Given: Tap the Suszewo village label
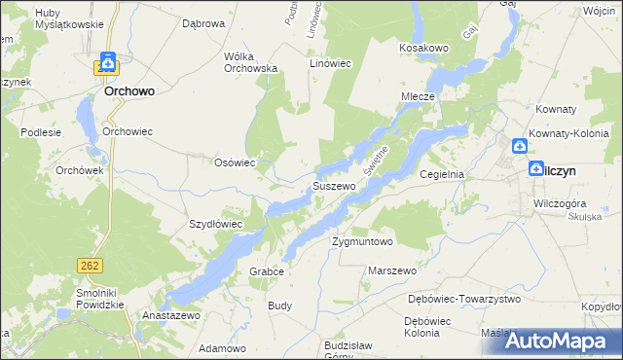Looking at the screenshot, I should [x=333, y=185].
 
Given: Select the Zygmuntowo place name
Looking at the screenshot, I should [x=361, y=241].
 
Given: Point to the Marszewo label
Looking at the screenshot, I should [x=392, y=270].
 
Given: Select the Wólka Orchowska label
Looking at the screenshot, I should [x=251, y=62].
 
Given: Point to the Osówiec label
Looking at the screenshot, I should [x=235, y=162].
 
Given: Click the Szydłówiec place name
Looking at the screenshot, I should [x=215, y=224].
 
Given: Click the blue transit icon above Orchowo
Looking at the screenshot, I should [x=107, y=61].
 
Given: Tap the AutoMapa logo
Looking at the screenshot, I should [x=563, y=341].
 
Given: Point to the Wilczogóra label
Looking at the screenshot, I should [x=552, y=202].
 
